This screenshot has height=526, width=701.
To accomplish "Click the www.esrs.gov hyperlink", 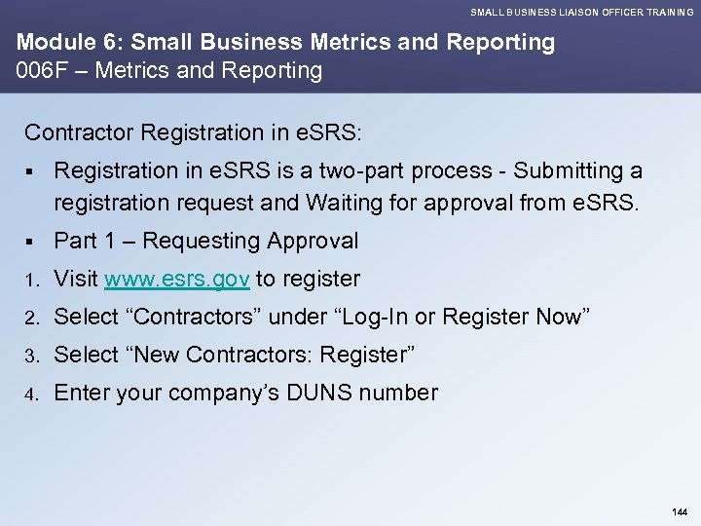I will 178,280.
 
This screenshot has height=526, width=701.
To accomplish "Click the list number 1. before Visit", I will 32,281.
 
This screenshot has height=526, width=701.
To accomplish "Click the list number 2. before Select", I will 32,318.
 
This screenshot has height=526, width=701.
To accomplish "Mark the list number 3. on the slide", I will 32,356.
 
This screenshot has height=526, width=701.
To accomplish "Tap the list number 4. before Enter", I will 32,394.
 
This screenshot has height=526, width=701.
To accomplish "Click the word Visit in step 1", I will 76,280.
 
